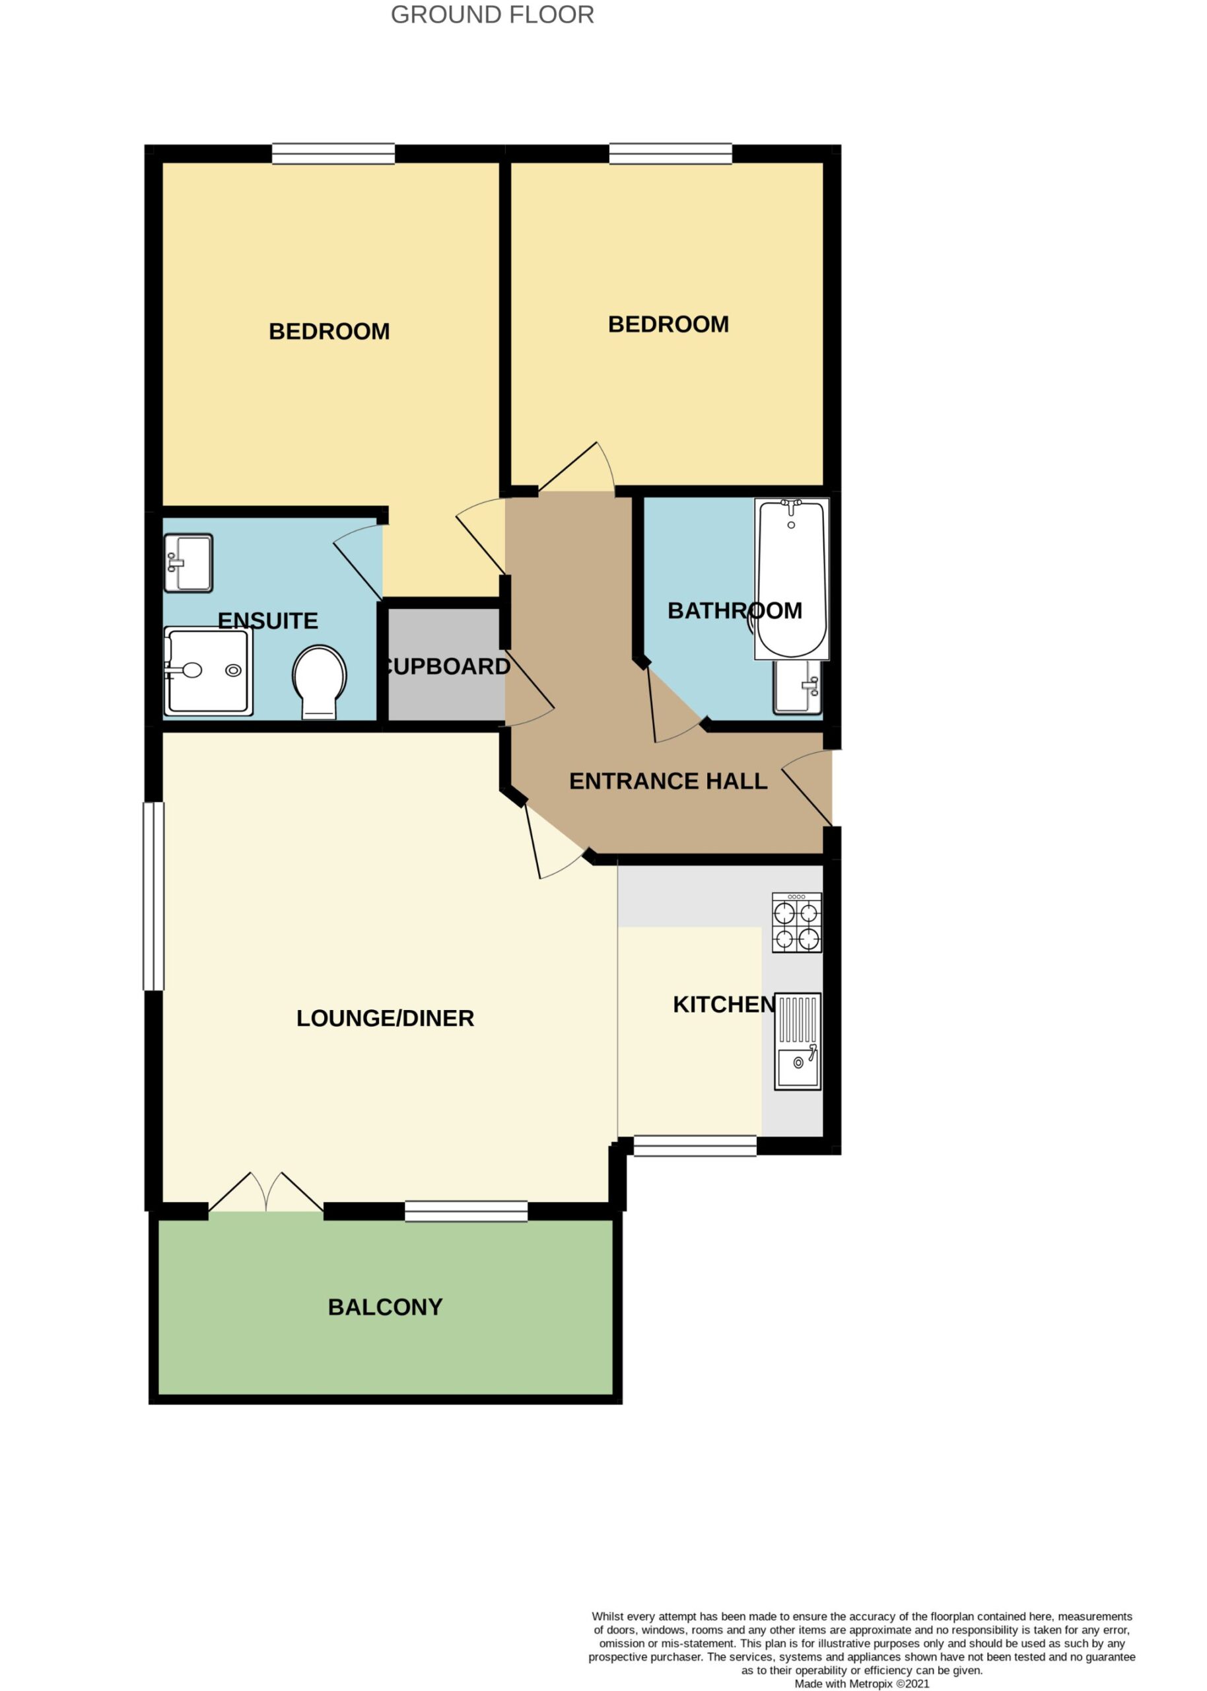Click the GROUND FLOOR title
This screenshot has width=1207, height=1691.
coord(492,15)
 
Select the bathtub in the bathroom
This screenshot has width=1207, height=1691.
coord(792,578)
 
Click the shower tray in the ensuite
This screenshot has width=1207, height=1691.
coord(208,671)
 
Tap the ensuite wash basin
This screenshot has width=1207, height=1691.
coord(189,563)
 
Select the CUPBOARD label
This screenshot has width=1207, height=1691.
coord(446,666)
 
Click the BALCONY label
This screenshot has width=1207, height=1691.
coord(385,1307)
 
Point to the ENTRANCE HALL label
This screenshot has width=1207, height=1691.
coord(668,781)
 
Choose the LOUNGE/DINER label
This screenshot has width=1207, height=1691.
coord(385,1018)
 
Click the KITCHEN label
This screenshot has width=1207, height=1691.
coord(724,1004)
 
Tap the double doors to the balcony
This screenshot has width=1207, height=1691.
coord(266,1192)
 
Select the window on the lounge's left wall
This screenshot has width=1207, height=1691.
coord(153,896)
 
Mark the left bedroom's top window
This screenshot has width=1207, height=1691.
coord(333,153)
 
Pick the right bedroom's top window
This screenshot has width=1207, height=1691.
coord(670,153)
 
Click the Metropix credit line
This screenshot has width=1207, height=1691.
coord(862,1684)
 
